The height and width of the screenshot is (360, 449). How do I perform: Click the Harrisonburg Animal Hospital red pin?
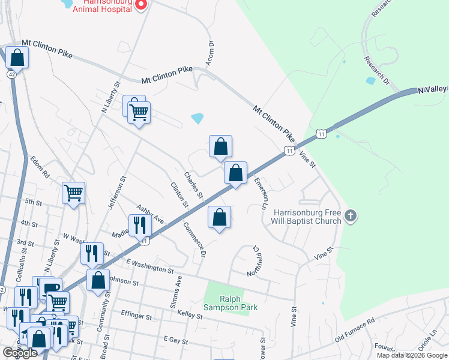140,5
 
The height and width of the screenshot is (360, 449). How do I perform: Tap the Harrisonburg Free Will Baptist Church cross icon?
351,215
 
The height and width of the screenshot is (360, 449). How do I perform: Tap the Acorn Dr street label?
210,53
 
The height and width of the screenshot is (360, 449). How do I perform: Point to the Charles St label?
194,186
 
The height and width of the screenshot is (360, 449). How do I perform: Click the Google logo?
20,353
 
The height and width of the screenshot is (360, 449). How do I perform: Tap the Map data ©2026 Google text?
411,355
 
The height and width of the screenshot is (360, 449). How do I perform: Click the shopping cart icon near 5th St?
73,193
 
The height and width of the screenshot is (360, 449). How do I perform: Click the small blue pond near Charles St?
197,118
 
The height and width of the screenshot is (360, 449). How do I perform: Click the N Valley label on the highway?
432,89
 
